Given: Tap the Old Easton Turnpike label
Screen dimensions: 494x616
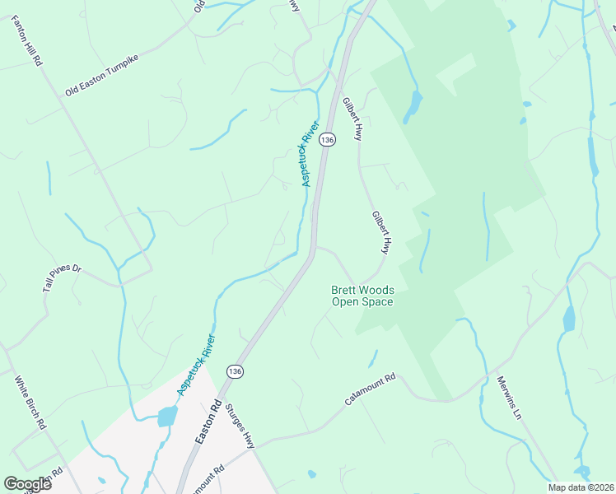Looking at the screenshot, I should tap(102, 77).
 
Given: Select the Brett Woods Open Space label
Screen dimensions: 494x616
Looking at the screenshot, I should tap(362, 296).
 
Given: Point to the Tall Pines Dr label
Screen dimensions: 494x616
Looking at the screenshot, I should tap(63, 278).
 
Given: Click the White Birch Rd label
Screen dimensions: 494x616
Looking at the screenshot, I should tap(30, 403).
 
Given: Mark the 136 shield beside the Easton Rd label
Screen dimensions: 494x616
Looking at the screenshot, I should tap(236, 372).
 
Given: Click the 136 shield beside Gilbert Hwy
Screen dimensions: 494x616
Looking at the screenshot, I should tap(328, 140).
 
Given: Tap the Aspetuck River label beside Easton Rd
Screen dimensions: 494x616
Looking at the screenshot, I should tap(198, 363).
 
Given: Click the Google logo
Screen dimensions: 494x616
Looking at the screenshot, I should tap(28, 484).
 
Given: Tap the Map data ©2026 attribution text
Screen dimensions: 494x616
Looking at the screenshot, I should tap(581, 487).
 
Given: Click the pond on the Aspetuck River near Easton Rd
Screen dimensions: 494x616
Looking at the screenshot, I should tap(167, 416).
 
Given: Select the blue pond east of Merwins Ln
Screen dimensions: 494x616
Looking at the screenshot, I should tap(568, 318).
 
